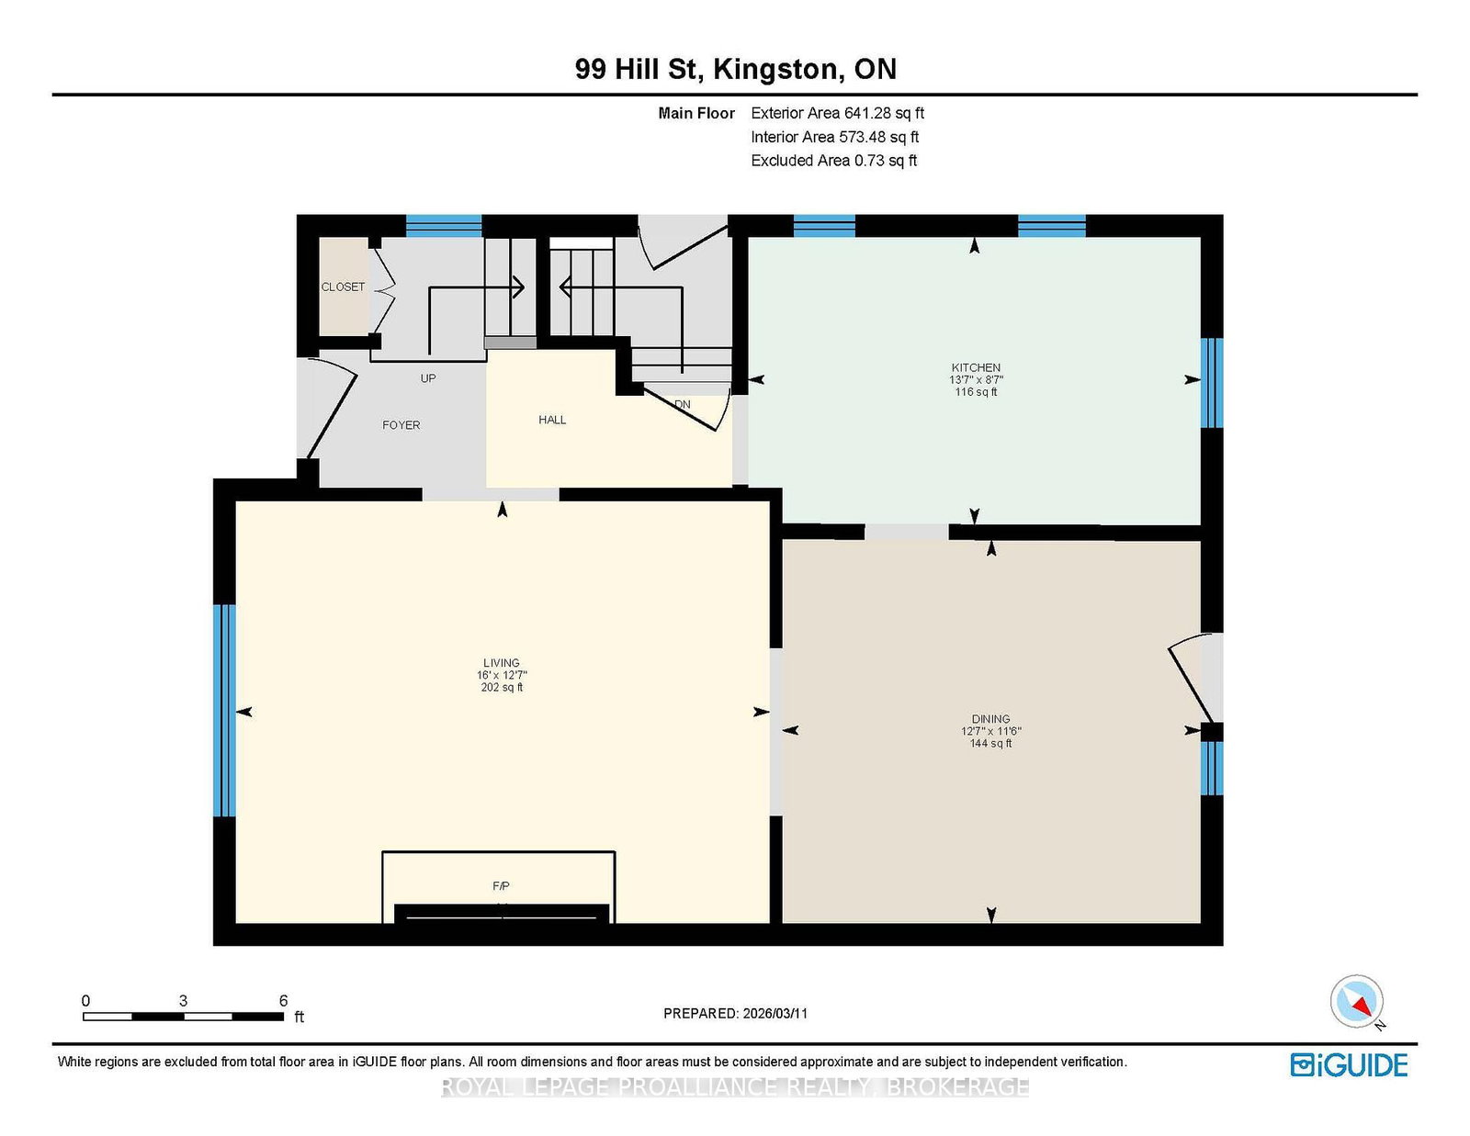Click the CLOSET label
click(343, 287)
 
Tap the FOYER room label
click(401, 425)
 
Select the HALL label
click(552, 420)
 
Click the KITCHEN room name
click(976, 368)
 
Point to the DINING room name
click(991, 719)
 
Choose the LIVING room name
click(502, 663)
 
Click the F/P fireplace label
click(501, 886)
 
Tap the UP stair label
click(428, 378)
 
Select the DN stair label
click(683, 404)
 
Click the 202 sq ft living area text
click(502, 687)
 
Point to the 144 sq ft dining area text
click(991, 743)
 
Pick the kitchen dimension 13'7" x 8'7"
click(976, 380)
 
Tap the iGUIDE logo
click(1349, 1065)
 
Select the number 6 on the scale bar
click(284, 1000)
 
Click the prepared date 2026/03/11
click(775, 1014)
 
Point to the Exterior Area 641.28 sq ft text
click(838, 113)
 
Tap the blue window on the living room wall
click(224, 711)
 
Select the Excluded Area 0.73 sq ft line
click(834, 161)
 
